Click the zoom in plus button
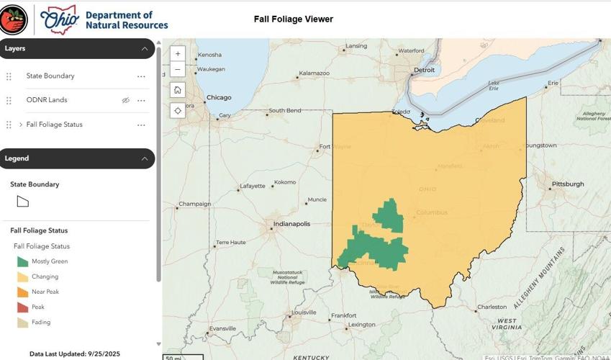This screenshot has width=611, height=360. click(x=178, y=54)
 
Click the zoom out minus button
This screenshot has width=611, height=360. click(x=178, y=70)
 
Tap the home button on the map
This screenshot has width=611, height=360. click(x=178, y=90)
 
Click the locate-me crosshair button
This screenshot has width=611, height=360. click(x=178, y=110)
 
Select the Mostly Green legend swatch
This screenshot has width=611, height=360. click(x=23, y=261)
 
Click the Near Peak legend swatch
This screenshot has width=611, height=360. click(x=23, y=292)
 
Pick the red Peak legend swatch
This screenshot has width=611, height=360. click(x=23, y=307)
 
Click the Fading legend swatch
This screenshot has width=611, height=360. click(x=23, y=322)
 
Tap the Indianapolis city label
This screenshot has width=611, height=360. click(x=291, y=224)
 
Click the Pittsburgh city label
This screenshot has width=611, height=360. click(x=568, y=184)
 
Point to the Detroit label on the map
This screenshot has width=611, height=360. click(x=424, y=71)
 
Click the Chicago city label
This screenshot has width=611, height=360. click(x=219, y=98)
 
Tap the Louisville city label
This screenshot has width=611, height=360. click(x=304, y=312)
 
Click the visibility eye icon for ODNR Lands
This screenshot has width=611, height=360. click(x=126, y=100)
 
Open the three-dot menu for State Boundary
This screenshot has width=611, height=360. click(x=141, y=76)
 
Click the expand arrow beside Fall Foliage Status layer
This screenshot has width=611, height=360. click(x=20, y=125)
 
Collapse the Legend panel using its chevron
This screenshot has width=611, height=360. click(x=144, y=158)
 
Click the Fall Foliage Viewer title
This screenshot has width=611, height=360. click(x=293, y=19)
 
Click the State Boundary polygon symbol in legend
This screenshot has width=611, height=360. click(x=23, y=202)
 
